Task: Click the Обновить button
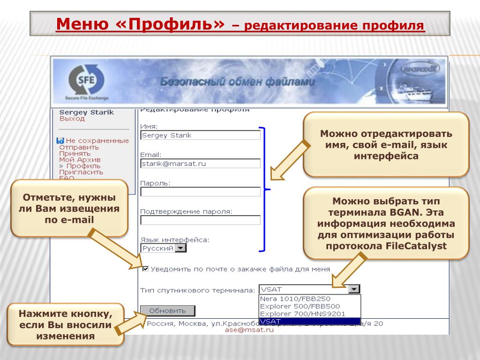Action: (x=167, y=310)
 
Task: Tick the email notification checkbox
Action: (x=145, y=269)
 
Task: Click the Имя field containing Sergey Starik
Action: (x=200, y=135)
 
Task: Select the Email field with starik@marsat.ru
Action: (x=200, y=164)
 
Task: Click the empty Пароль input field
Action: (x=200, y=191)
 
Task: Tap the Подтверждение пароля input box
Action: (x=200, y=220)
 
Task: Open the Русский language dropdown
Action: (x=180, y=248)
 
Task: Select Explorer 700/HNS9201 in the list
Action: (x=302, y=314)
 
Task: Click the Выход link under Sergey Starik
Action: (x=72, y=119)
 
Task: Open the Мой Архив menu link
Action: (x=80, y=160)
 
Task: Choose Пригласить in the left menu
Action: (x=81, y=172)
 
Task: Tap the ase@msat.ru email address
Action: (x=249, y=330)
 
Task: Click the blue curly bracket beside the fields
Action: (x=266, y=189)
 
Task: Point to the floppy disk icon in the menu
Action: (x=60, y=141)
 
